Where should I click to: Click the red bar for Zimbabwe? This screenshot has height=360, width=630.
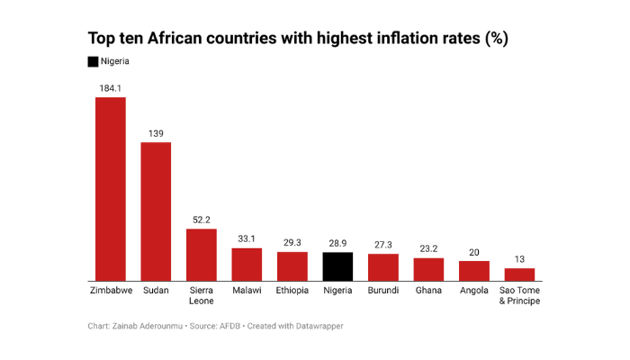point(111,189)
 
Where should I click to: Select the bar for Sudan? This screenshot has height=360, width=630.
point(156,211)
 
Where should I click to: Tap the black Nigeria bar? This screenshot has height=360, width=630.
point(337,266)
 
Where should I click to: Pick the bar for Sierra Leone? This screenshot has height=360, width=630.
point(202,255)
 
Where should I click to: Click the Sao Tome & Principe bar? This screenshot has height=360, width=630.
point(519,274)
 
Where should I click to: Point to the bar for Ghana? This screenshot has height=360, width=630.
point(428,269)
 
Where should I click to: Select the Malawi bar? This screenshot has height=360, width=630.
point(247,264)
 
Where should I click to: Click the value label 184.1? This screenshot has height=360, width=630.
point(111,87)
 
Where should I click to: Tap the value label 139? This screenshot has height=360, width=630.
point(156,132)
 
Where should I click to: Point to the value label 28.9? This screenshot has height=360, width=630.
point(337,242)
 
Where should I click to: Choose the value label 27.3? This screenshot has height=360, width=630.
point(383,244)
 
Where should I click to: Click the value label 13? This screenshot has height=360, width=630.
point(519,258)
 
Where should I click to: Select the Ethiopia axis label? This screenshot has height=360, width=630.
point(292,291)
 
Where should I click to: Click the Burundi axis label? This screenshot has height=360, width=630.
point(383,291)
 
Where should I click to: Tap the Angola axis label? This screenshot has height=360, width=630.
point(474,291)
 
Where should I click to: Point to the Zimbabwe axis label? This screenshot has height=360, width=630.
point(111,291)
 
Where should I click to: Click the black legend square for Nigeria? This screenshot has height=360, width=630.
point(93,61)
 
